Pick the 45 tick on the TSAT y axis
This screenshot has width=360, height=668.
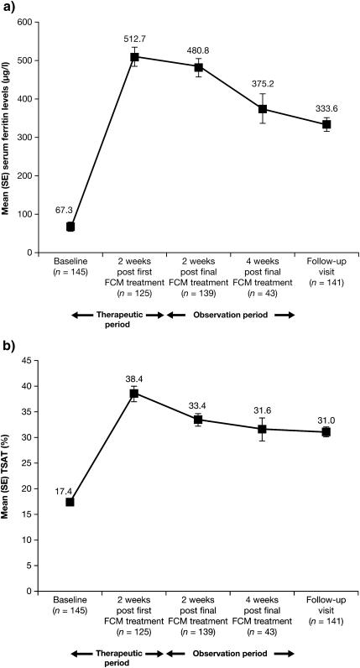[31, 360]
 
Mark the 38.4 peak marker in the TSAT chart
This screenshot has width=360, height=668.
[133, 394]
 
